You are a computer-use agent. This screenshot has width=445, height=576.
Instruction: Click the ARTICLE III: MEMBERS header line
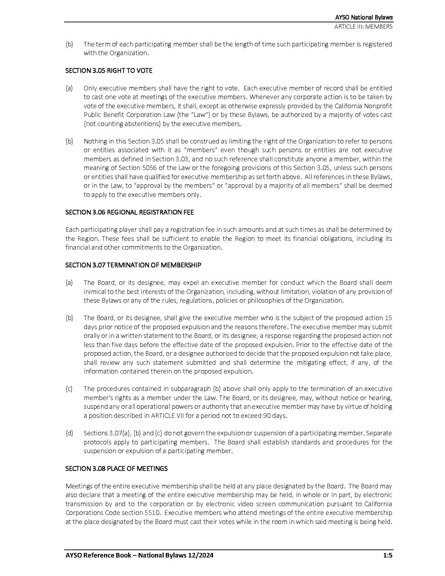[x=363, y=27]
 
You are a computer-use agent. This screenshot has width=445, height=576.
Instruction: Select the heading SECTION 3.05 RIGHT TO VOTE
[x=109, y=71]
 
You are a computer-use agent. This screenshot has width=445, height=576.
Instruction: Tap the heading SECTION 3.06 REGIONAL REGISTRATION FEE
[x=129, y=212]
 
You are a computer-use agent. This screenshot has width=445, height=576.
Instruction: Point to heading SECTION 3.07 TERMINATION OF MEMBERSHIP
[x=133, y=265]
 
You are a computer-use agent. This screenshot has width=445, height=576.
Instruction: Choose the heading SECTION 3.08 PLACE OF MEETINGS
[x=116, y=468]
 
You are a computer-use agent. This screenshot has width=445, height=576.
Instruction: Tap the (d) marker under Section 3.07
[x=69, y=433]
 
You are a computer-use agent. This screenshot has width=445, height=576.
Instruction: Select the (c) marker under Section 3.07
[x=69, y=389]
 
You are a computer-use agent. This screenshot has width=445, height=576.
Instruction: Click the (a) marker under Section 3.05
[x=69, y=88]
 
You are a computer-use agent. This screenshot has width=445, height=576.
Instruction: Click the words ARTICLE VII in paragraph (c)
[x=166, y=415]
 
